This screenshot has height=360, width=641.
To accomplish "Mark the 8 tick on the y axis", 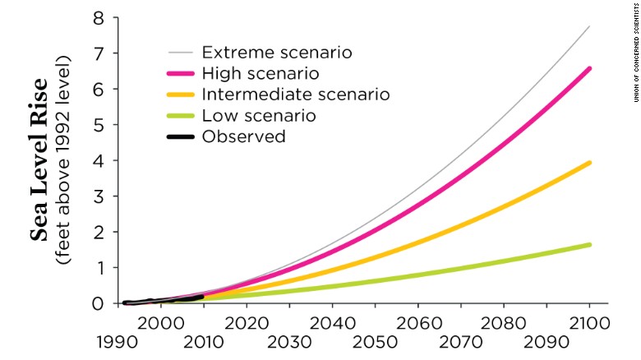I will pyautogui.click(x=99, y=18).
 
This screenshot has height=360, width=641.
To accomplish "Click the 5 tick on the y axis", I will pyautogui.click(x=99, y=125).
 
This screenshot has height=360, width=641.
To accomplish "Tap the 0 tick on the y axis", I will pyautogui.click(x=99, y=303).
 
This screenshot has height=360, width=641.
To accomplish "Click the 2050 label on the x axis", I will pyautogui.click(x=376, y=341).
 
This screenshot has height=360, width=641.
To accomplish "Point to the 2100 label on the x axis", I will pyautogui.click(x=589, y=322).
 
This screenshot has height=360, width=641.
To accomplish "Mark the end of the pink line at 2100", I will pyautogui.click(x=589, y=68).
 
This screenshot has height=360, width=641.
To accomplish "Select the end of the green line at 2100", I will pyautogui.click(x=589, y=244).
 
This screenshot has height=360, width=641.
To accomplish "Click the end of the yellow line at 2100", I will pyautogui.click(x=589, y=163).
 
